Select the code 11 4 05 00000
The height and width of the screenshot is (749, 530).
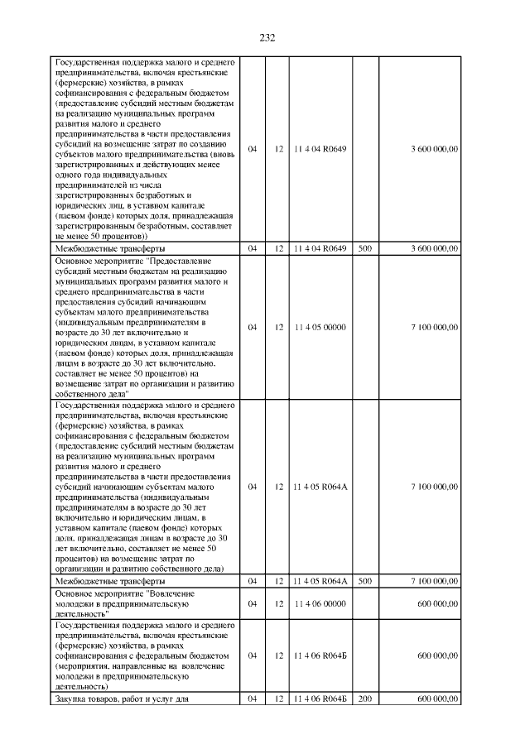(x=320, y=327)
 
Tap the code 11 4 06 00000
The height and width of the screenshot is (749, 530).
(x=320, y=604)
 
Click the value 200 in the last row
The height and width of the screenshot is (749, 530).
(x=365, y=699)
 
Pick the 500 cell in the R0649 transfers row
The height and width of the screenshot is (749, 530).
(x=365, y=248)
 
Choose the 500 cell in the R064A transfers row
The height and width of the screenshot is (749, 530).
(x=365, y=581)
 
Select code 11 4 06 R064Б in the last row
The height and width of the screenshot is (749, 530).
(x=320, y=699)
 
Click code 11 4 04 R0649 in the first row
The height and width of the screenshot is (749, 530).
(x=320, y=148)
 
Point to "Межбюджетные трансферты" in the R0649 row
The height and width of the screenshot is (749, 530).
(x=109, y=248)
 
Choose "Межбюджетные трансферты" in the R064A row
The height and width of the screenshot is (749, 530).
(x=109, y=581)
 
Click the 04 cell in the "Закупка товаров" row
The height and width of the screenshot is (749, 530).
(x=253, y=699)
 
